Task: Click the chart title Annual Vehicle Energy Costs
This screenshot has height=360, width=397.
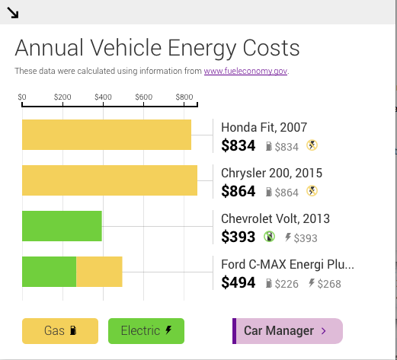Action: point(157,49)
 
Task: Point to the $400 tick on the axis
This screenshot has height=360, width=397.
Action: point(103,97)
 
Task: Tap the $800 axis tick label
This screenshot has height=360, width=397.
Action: point(184,97)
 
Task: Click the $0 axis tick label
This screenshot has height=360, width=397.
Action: point(22,97)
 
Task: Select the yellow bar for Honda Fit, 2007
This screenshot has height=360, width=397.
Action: point(106,135)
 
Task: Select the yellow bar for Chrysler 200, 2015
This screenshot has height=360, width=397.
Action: point(109,180)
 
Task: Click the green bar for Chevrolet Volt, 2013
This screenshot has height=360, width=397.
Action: point(62,226)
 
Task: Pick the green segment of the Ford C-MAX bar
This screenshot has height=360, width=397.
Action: point(49,272)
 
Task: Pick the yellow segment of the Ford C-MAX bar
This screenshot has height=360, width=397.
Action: point(99,272)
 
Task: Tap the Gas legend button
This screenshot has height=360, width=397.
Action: point(60,331)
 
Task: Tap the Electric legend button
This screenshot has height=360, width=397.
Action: point(146,331)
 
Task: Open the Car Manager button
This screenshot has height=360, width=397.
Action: point(287,331)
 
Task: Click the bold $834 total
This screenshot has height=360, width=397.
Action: point(238,146)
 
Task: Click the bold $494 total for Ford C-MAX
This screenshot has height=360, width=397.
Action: point(238,283)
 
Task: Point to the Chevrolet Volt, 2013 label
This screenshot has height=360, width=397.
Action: point(275,218)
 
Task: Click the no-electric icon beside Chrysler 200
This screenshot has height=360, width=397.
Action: point(312,191)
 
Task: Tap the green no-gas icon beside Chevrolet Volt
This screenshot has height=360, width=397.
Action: point(269,237)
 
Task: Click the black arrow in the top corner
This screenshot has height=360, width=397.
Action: point(12,13)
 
